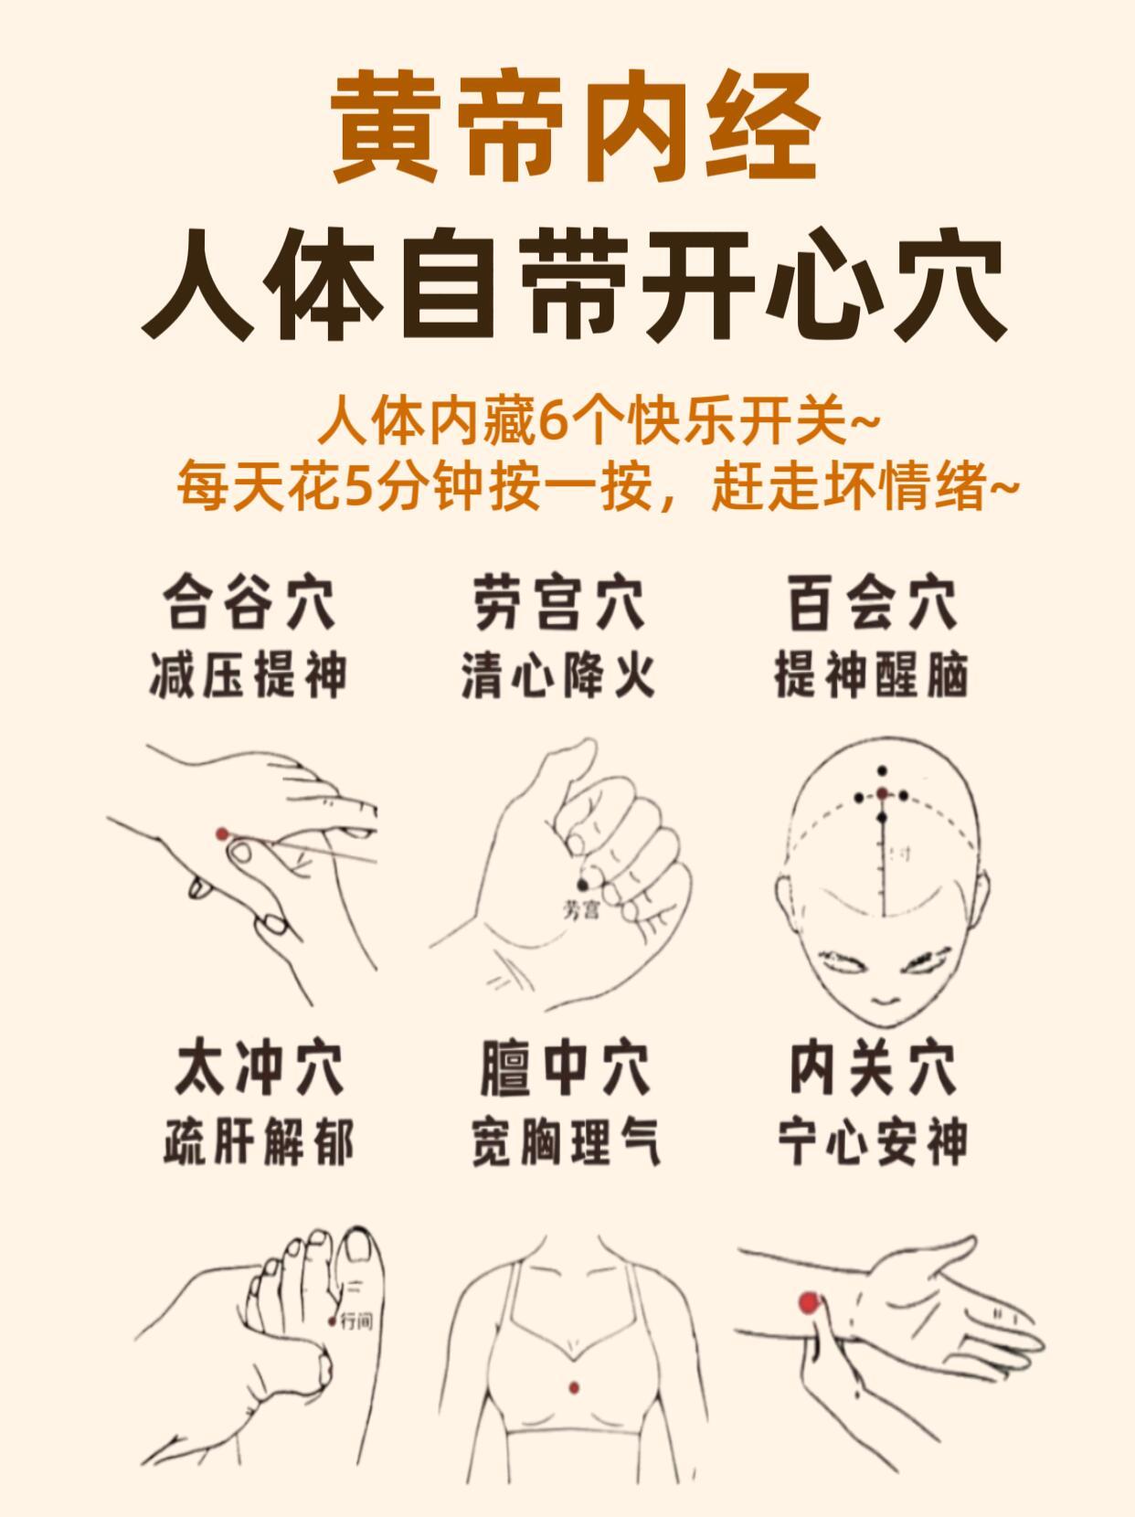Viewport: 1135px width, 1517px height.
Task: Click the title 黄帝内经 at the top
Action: (x=576, y=127)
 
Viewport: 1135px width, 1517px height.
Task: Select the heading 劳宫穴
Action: (x=558, y=602)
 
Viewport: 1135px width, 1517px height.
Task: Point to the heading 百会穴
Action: (x=872, y=602)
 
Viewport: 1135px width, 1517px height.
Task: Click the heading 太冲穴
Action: (x=259, y=1068)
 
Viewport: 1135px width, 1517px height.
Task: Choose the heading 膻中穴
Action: (x=565, y=1068)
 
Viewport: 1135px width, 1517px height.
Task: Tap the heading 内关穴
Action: (x=874, y=1068)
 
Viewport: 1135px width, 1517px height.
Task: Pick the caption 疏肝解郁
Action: (x=259, y=1141)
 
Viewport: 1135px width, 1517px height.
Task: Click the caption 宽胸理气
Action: (x=566, y=1141)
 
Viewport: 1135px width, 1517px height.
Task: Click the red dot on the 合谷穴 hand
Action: (x=222, y=834)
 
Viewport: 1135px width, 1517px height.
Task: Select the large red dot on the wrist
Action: (x=809, y=1303)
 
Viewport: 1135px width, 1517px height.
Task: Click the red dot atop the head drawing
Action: (x=882, y=793)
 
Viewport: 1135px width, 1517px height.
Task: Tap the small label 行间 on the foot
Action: (x=357, y=1321)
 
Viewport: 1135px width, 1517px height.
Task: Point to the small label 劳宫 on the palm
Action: (x=581, y=910)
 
